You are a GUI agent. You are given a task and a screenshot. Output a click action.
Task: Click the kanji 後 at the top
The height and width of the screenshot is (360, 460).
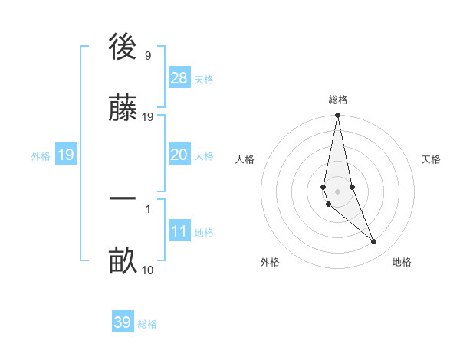pyautogui.click(x=123, y=48)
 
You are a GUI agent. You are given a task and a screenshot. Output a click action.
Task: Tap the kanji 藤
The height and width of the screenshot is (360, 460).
pyautogui.click(x=123, y=108)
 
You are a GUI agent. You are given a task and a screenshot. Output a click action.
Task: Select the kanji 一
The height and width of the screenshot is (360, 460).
pyautogui.click(x=123, y=199)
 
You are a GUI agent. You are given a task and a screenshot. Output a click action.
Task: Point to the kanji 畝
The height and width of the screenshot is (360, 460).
pyautogui.click(x=123, y=260)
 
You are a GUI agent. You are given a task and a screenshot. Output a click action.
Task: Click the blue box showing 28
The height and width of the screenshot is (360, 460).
pyautogui.click(x=179, y=77)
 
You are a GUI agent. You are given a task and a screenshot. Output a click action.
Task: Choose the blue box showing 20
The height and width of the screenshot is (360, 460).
pyautogui.click(x=179, y=155)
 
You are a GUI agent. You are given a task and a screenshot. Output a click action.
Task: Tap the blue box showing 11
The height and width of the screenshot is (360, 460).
pyautogui.click(x=179, y=231)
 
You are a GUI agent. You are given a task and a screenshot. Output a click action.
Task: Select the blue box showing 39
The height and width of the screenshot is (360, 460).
pyautogui.click(x=123, y=322)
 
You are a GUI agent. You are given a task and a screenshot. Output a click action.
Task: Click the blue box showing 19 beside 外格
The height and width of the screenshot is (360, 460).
pyautogui.click(x=66, y=155)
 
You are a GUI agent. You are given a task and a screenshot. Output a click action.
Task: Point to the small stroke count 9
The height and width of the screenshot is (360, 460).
pyautogui.click(x=147, y=56)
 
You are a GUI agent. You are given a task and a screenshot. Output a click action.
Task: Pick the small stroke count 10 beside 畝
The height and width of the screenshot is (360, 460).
pyautogui.click(x=147, y=270)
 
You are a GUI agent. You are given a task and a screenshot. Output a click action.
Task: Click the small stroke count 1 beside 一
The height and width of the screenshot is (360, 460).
pyautogui.click(x=147, y=208)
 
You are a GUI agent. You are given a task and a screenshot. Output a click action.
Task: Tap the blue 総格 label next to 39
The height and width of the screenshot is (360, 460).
pyautogui.click(x=147, y=324)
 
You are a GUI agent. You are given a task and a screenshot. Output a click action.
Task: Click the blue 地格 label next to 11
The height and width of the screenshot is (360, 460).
pyautogui.click(x=204, y=233)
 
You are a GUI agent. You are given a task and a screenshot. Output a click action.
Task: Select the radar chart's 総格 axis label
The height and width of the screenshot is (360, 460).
pyautogui.click(x=338, y=100)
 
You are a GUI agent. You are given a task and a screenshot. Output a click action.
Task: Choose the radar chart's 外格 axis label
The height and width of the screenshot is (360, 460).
pyautogui.click(x=270, y=262)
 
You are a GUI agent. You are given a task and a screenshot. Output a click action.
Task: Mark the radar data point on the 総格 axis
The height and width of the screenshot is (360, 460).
pyautogui.click(x=337, y=116)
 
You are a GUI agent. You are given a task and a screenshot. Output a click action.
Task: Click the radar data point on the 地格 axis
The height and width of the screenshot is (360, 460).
pyautogui.click(x=374, y=242)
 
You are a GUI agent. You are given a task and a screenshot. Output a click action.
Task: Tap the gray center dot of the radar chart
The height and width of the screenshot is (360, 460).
pyautogui.click(x=337, y=191)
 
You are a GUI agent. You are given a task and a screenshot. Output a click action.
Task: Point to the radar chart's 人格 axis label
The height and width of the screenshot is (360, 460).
pyautogui.click(x=245, y=159)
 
